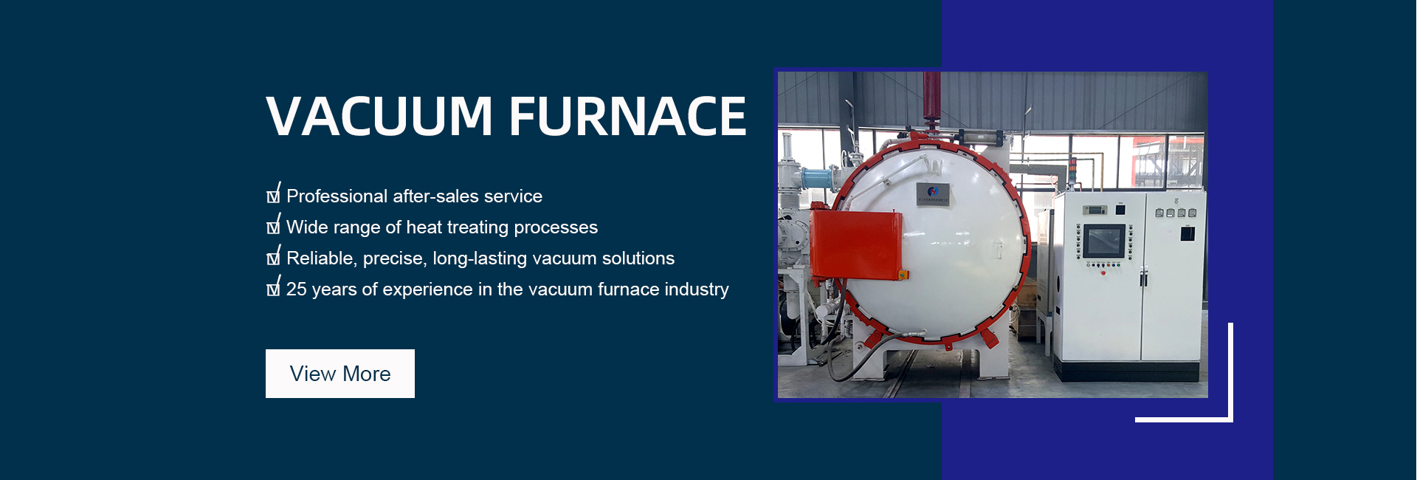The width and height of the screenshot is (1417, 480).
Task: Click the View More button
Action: tap(340, 374)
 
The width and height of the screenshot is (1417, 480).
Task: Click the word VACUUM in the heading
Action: tap(379, 116)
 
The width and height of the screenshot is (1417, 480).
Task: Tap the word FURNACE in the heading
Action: tap(628, 116)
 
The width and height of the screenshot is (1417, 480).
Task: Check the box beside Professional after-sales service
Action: tap(274, 193)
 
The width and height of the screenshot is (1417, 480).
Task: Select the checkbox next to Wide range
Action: tap(274, 224)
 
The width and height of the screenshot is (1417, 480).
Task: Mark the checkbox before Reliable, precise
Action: tap(274, 256)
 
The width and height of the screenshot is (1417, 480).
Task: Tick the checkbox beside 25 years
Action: tap(274, 287)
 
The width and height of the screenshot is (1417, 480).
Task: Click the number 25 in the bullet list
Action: tap(297, 289)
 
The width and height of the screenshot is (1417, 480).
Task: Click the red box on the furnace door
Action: tap(856, 244)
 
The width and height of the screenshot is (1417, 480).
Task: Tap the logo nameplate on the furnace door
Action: tap(933, 193)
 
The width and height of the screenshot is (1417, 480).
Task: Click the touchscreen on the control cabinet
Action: tap(1104, 241)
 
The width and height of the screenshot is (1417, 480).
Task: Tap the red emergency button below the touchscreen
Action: tap(1103, 273)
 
